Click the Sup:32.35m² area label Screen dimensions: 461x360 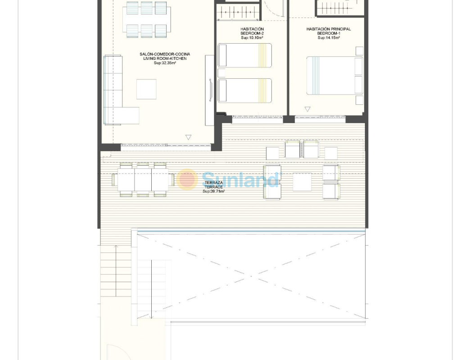tap(165, 63)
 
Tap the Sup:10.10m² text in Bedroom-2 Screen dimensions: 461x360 tap(252, 38)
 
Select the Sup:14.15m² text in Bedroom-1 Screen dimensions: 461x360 tap(329, 38)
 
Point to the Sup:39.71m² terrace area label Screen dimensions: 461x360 tap(214, 191)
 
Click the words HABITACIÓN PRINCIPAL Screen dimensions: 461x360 tap(329, 29)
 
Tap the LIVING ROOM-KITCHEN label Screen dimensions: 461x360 tap(165, 58)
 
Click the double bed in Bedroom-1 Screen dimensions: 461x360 tap(334, 76)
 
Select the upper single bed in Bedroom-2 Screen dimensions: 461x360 tap(244, 55)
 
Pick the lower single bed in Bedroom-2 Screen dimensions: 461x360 tap(244, 90)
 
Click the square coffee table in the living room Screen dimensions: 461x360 tap(146, 89)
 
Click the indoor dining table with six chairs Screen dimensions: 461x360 tap(147, 20)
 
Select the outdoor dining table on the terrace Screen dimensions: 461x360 tap(143, 180)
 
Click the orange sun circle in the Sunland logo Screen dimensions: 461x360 tap(187, 179)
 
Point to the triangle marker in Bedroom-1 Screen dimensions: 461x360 tap(307, 109)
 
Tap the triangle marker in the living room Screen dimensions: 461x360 tap(189, 137)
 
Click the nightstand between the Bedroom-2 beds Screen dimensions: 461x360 tap(221, 73)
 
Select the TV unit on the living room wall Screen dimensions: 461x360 tap(209, 90)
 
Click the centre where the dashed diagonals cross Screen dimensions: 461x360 tap(251, 276)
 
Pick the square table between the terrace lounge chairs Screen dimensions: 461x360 tap(302, 182)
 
